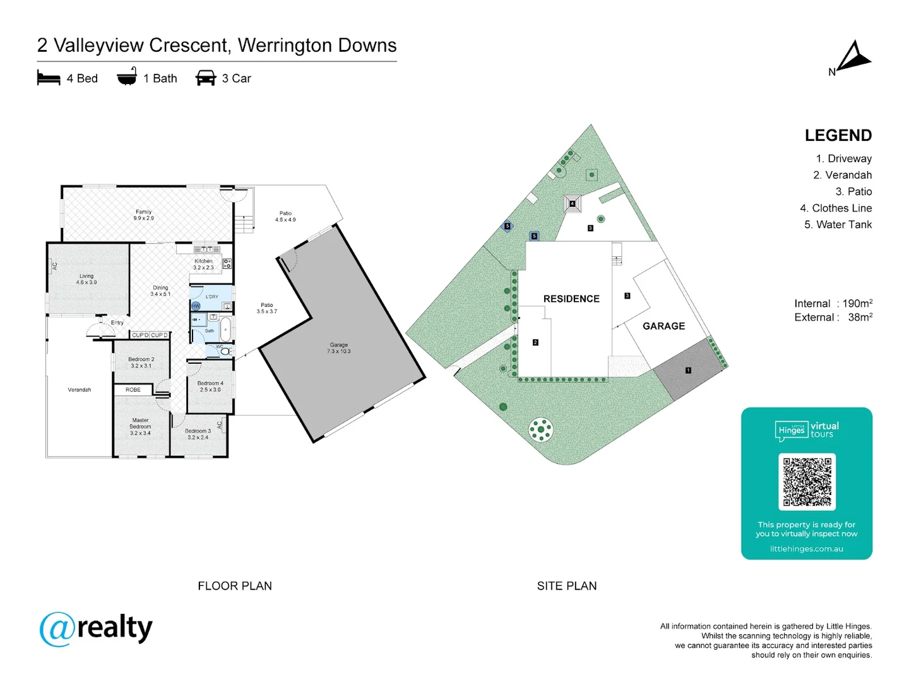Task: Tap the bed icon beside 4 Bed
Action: point(49,78)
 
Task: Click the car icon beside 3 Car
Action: point(206,78)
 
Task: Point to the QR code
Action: point(807,482)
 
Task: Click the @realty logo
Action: point(96,628)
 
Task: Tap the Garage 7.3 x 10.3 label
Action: point(339,348)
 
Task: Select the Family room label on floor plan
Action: point(143,215)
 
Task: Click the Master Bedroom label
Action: point(140,426)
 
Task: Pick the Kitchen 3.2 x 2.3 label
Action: point(203,264)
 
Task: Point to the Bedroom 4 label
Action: point(210,386)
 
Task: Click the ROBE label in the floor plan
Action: point(133,390)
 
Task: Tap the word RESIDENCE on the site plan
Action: point(571,299)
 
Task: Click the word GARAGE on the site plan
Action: point(663,326)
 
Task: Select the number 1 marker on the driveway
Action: point(688,371)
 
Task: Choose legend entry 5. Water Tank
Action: point(838,224)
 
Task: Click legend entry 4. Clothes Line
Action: point(836,208)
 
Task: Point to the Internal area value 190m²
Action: point(857,303)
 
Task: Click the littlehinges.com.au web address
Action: point(806,549)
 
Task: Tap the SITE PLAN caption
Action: point(566,586)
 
